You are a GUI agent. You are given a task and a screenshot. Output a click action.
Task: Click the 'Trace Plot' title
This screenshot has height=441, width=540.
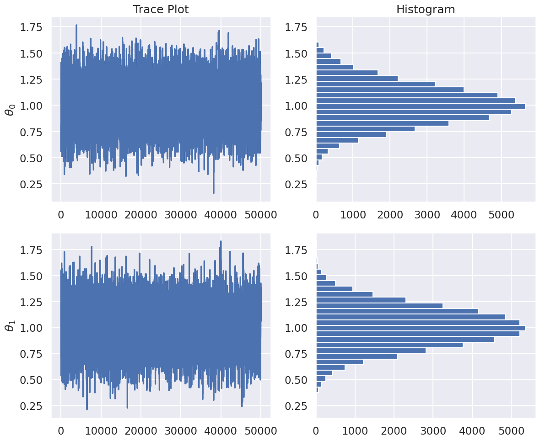[x=160, y=10]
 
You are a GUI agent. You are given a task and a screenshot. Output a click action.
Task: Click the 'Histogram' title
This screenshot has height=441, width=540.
[x=426, y=10]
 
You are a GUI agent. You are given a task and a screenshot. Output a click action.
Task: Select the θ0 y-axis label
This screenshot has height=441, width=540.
[x=10, y=110]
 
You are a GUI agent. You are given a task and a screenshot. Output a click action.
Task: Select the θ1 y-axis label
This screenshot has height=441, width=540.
[x=10, y=332]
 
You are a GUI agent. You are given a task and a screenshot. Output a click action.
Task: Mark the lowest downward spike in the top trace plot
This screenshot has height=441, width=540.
[x=213, y=192]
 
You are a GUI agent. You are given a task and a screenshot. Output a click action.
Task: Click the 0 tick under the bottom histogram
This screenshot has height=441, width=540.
[x=316, y=431]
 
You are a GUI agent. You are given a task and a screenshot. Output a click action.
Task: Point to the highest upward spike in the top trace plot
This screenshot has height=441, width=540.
[x=76, y=26]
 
